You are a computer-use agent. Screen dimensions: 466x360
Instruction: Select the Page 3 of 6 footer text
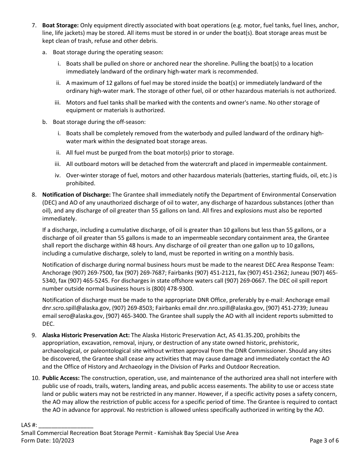click(324, 440)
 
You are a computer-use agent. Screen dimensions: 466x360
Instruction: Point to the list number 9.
click(34, 335)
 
